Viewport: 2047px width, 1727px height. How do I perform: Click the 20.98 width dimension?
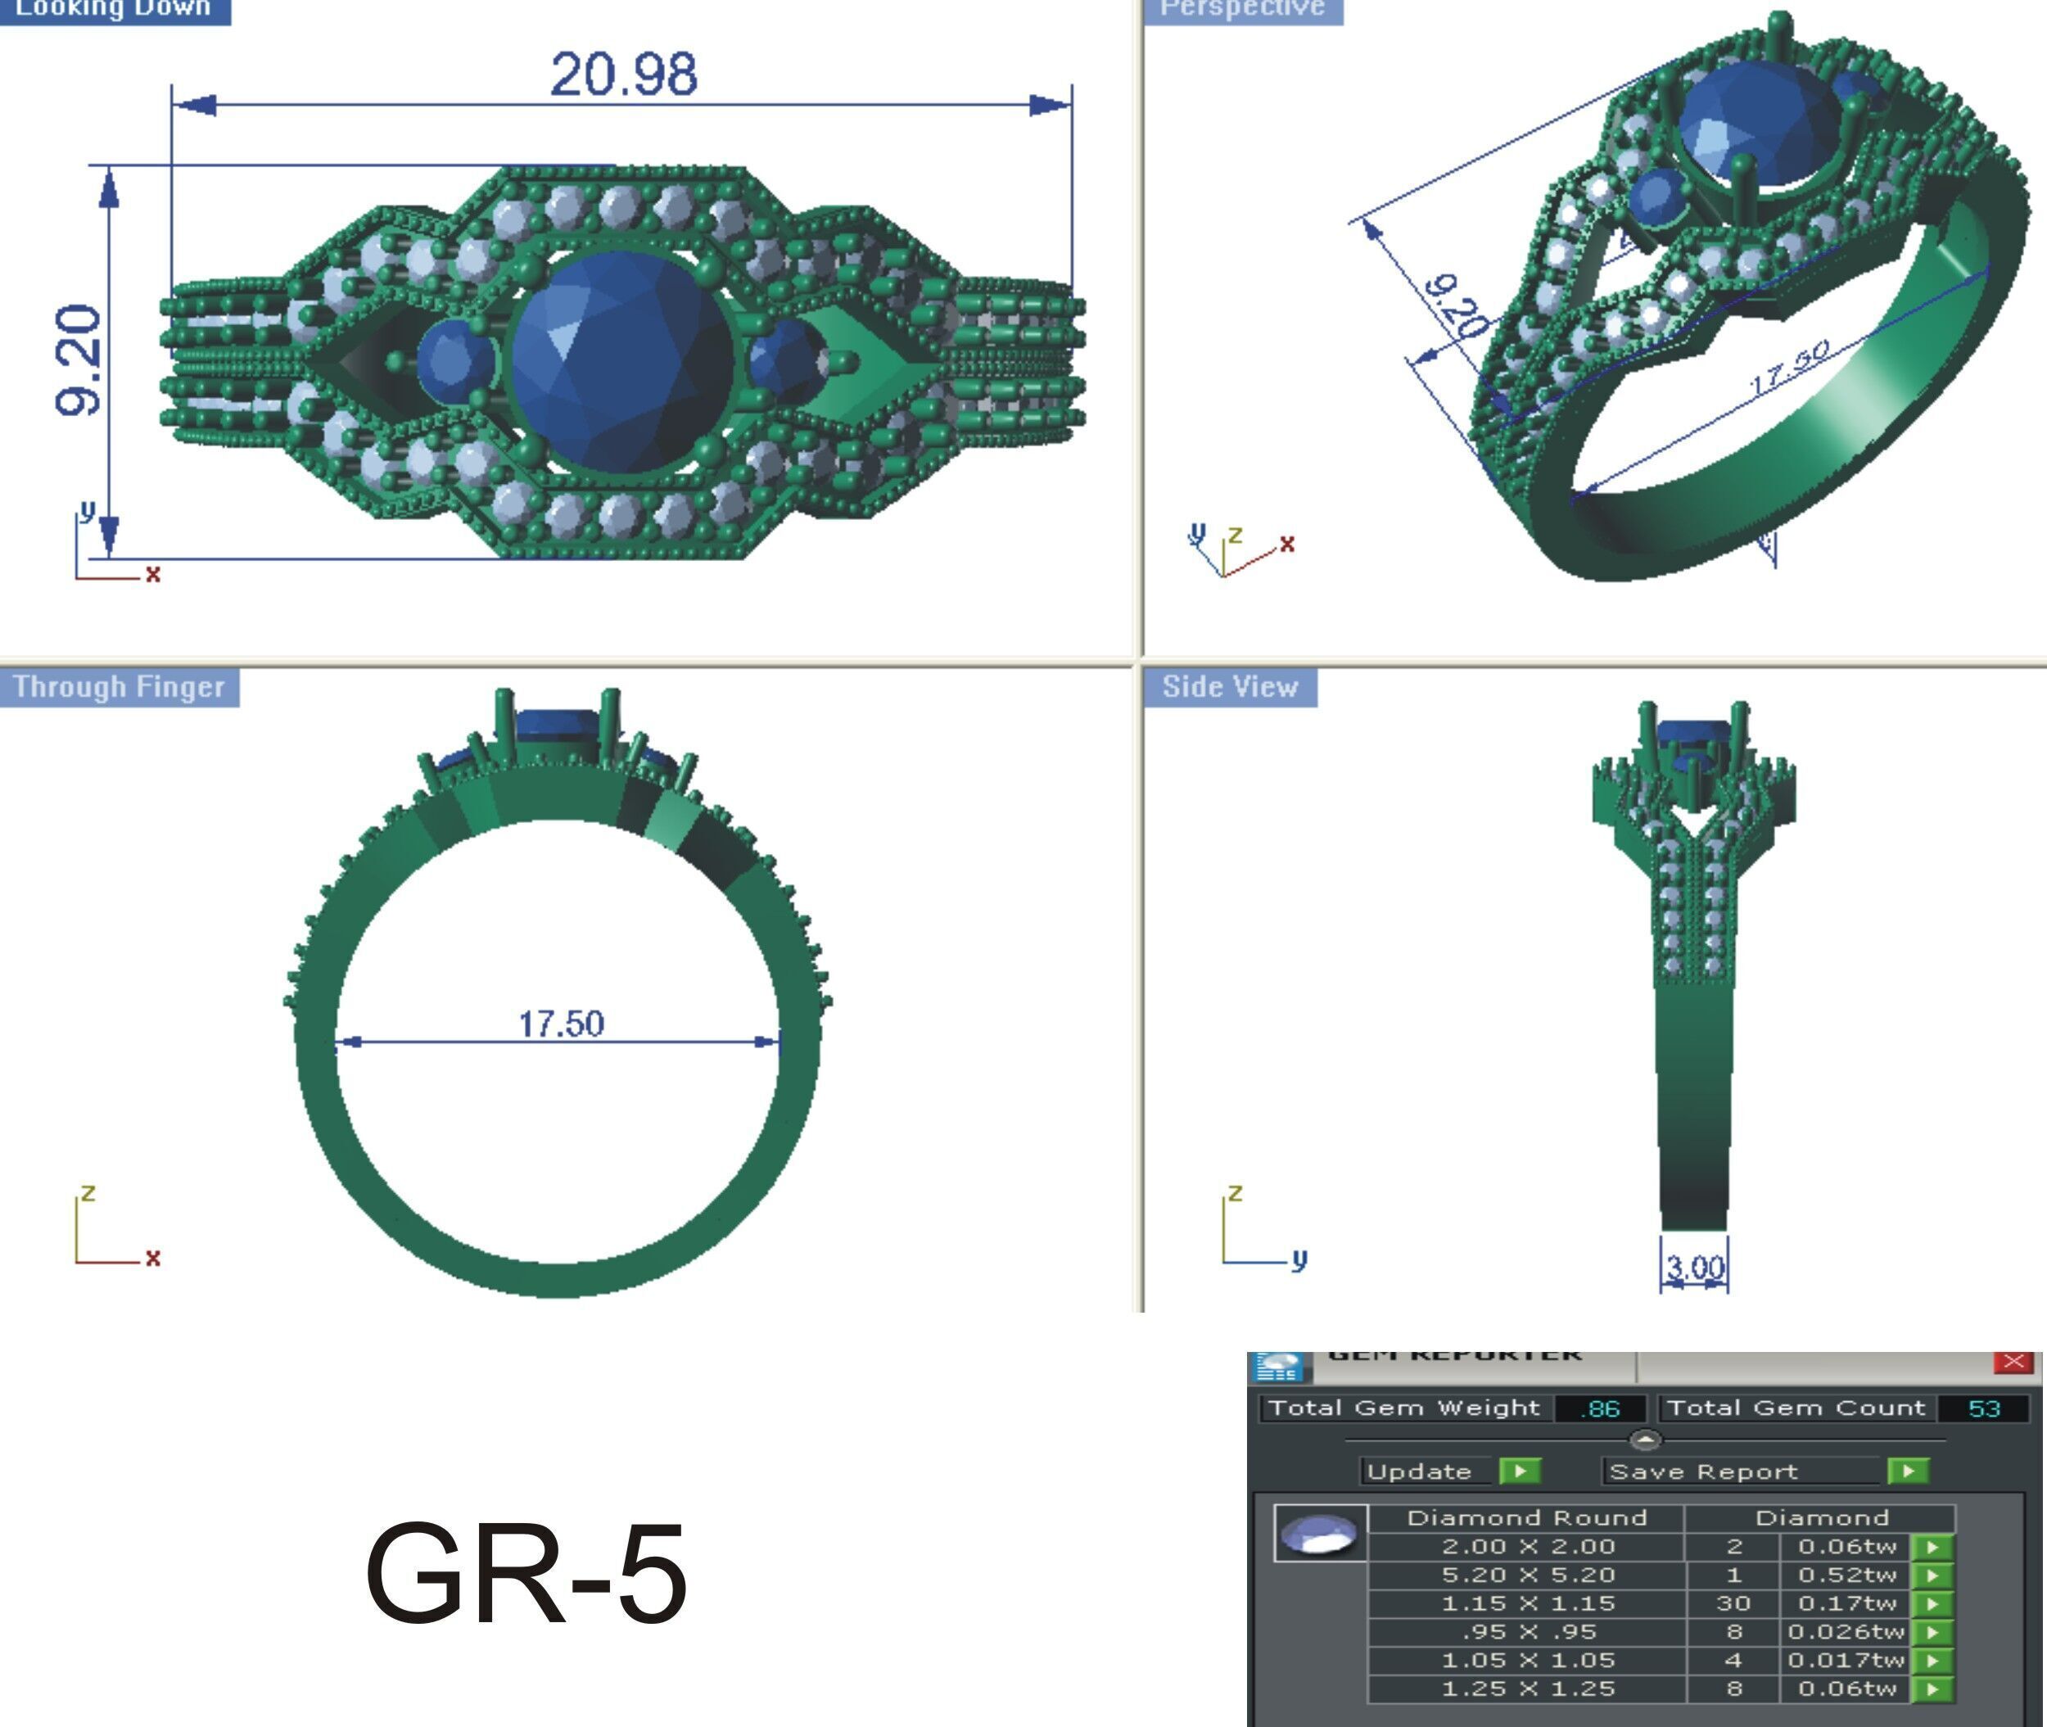click(x=624, y=75)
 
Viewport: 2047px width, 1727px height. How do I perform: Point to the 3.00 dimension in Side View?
click(x=1695, y=1267)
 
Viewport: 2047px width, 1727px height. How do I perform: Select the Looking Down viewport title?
click(x=114, y=9)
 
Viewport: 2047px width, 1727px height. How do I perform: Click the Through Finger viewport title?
click(x=119, y=687)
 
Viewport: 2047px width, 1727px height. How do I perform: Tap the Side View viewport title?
click(x=1230, y=687)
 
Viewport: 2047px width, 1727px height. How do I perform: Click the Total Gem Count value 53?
click(x=1983, y=1408)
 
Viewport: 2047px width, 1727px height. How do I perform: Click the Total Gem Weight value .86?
click(x=1600, y=1408)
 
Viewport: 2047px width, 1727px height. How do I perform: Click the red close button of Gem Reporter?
click(x=2013, y=1362)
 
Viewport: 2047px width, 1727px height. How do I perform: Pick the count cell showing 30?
click(x=1733, y=1603)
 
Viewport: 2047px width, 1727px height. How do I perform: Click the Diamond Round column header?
click(x=1526, y=1517)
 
